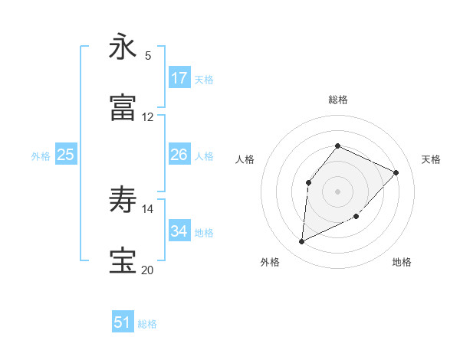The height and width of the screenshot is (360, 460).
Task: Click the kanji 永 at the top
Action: click(x=123, y=47)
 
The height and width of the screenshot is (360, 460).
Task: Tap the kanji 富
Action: click(x=123, y=108)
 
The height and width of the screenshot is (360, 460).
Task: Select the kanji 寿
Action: click(x=123, y=200)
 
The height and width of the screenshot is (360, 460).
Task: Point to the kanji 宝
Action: click(x=123, y=261)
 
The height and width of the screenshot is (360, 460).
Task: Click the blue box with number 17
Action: click(x=179, y=78)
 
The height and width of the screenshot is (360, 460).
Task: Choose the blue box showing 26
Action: click(x=179, y=155)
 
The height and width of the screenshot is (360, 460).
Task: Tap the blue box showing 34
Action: click(x=179, y=231)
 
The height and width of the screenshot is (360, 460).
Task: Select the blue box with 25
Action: click(x=66, y=155)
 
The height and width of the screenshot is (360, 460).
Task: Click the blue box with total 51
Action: click(x=123, y=322)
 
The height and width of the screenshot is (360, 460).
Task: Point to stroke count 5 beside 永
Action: click(x=148, y=55)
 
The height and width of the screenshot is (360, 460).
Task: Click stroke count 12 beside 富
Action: click(x=148, y=116)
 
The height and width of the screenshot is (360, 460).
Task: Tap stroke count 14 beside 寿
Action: click(x=148, y=208)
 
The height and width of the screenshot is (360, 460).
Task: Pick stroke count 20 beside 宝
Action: click(x=148, y=270)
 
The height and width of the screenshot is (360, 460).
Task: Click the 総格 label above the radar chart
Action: click(x=338, y=100)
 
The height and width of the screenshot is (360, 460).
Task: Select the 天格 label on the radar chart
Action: click(x=431, y=159)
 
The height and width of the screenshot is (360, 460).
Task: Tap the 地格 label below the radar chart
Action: click(x=402, y=262)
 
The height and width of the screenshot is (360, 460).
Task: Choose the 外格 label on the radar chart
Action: click(x=270, y=262)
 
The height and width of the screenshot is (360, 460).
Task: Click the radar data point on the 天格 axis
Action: click(x=396, y=172)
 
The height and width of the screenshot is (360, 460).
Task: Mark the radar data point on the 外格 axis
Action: click(x=302, y=242)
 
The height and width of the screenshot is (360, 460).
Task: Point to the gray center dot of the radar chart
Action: click(x=338, y=191)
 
